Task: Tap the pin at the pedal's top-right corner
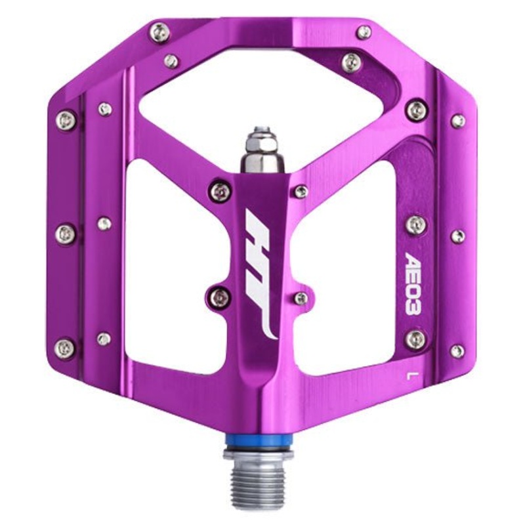tap(361, 31)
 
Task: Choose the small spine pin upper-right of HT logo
tap(301, 191)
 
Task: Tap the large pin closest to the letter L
tap(413, 340)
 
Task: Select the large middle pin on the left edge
tap(66, 232)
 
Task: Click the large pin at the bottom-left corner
tap(66, 348)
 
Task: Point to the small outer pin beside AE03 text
tap(457, 234)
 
